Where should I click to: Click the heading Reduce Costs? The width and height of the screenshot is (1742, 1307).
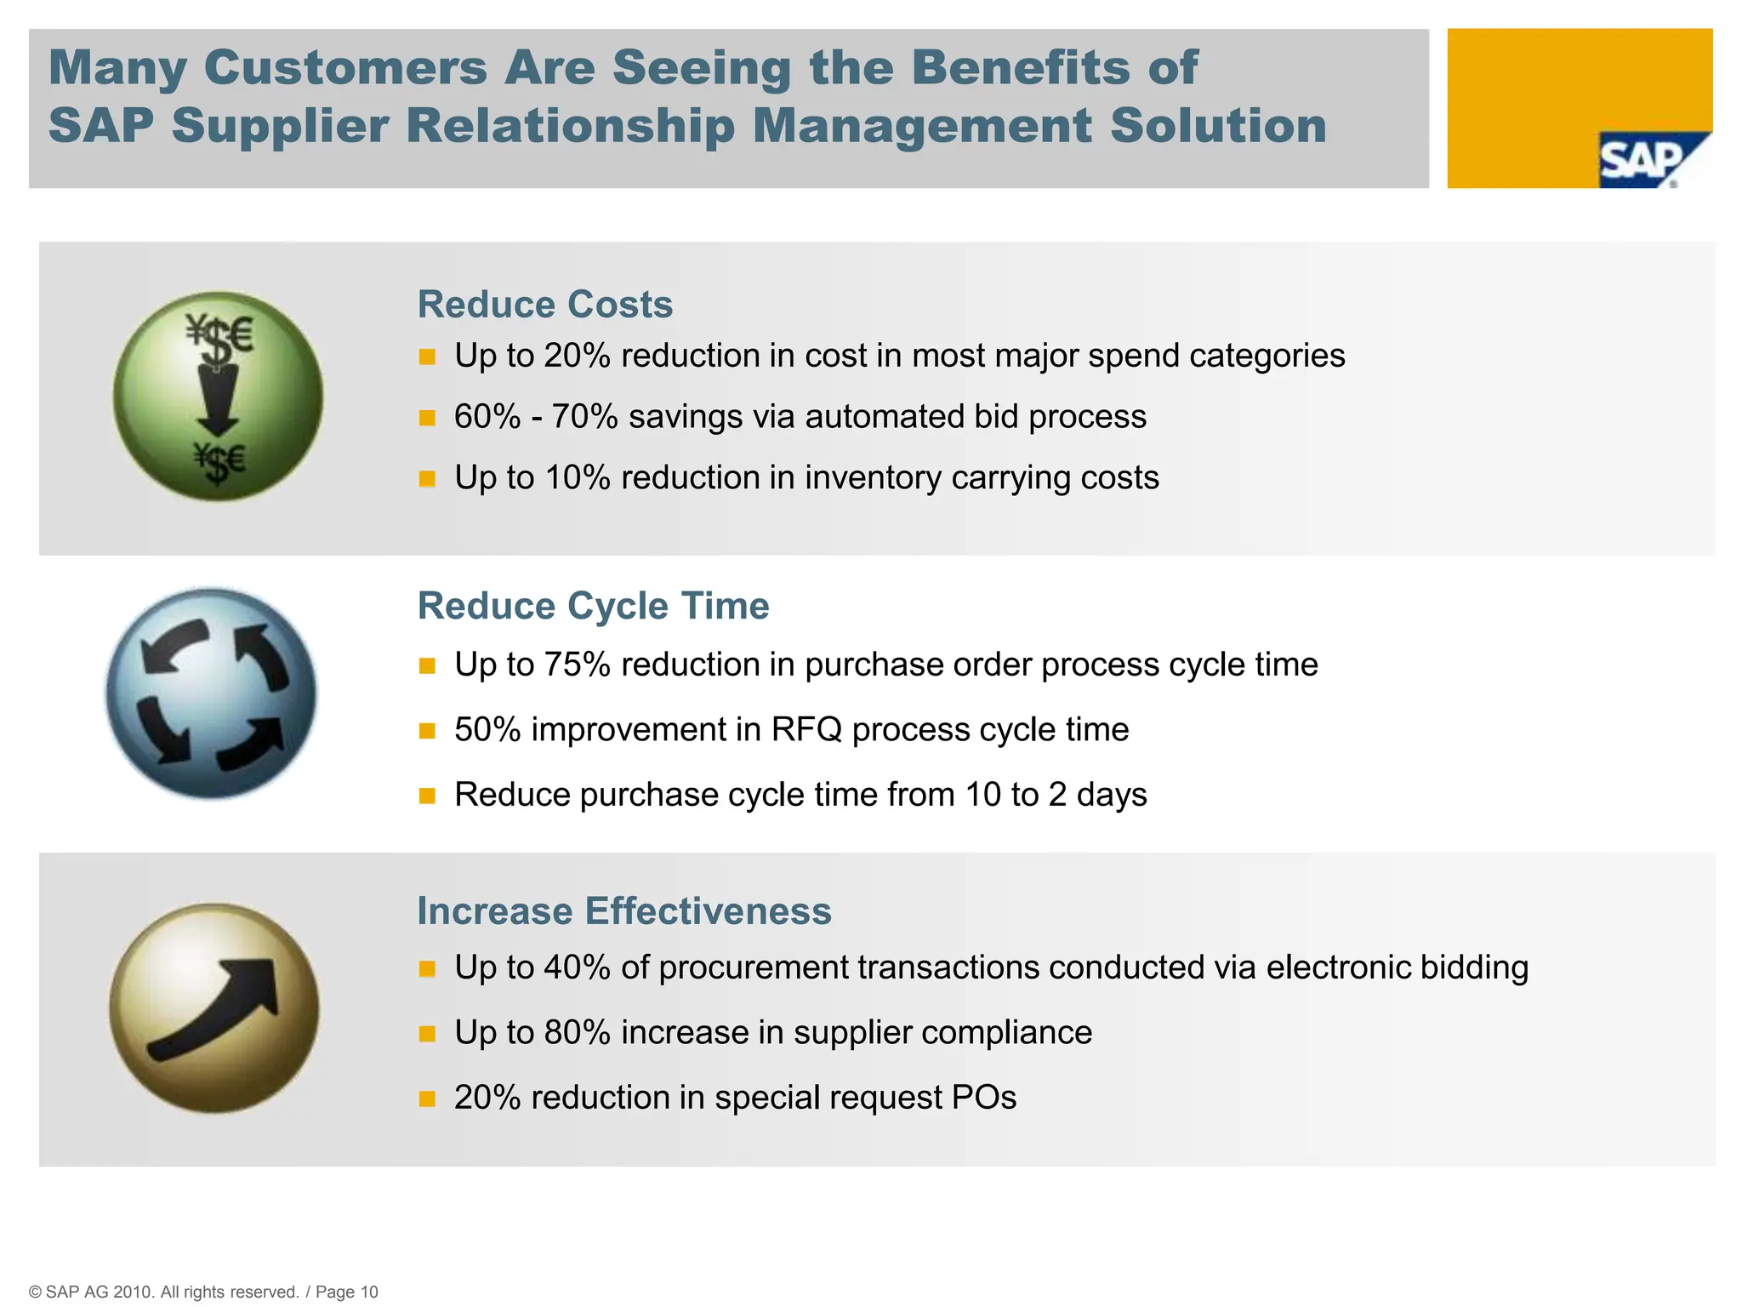[x=544, y=305]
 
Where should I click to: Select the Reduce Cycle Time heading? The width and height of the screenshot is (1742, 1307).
[x=593, y=607]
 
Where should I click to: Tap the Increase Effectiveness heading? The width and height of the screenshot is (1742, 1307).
[x=623, y=911]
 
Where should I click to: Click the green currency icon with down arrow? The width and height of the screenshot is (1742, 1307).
[x=218, y=397]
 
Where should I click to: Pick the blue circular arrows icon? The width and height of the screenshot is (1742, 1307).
[x=212, y=693]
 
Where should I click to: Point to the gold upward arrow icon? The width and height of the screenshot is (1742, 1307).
[x=214, y=1008]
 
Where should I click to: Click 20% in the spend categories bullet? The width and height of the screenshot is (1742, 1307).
[x=577, y=356]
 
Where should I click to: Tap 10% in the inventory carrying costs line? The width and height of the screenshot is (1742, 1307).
[x=577, y=478]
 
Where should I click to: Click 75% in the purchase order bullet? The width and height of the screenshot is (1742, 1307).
[x=577, y=665]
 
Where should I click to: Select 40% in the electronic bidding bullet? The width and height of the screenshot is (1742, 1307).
[x=577, y=967]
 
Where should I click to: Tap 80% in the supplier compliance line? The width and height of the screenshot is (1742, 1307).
[x=577, y=1032]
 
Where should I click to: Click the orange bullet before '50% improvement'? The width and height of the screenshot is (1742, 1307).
[x=427, y=731]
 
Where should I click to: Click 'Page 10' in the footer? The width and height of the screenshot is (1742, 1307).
[x=346, y=1292]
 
